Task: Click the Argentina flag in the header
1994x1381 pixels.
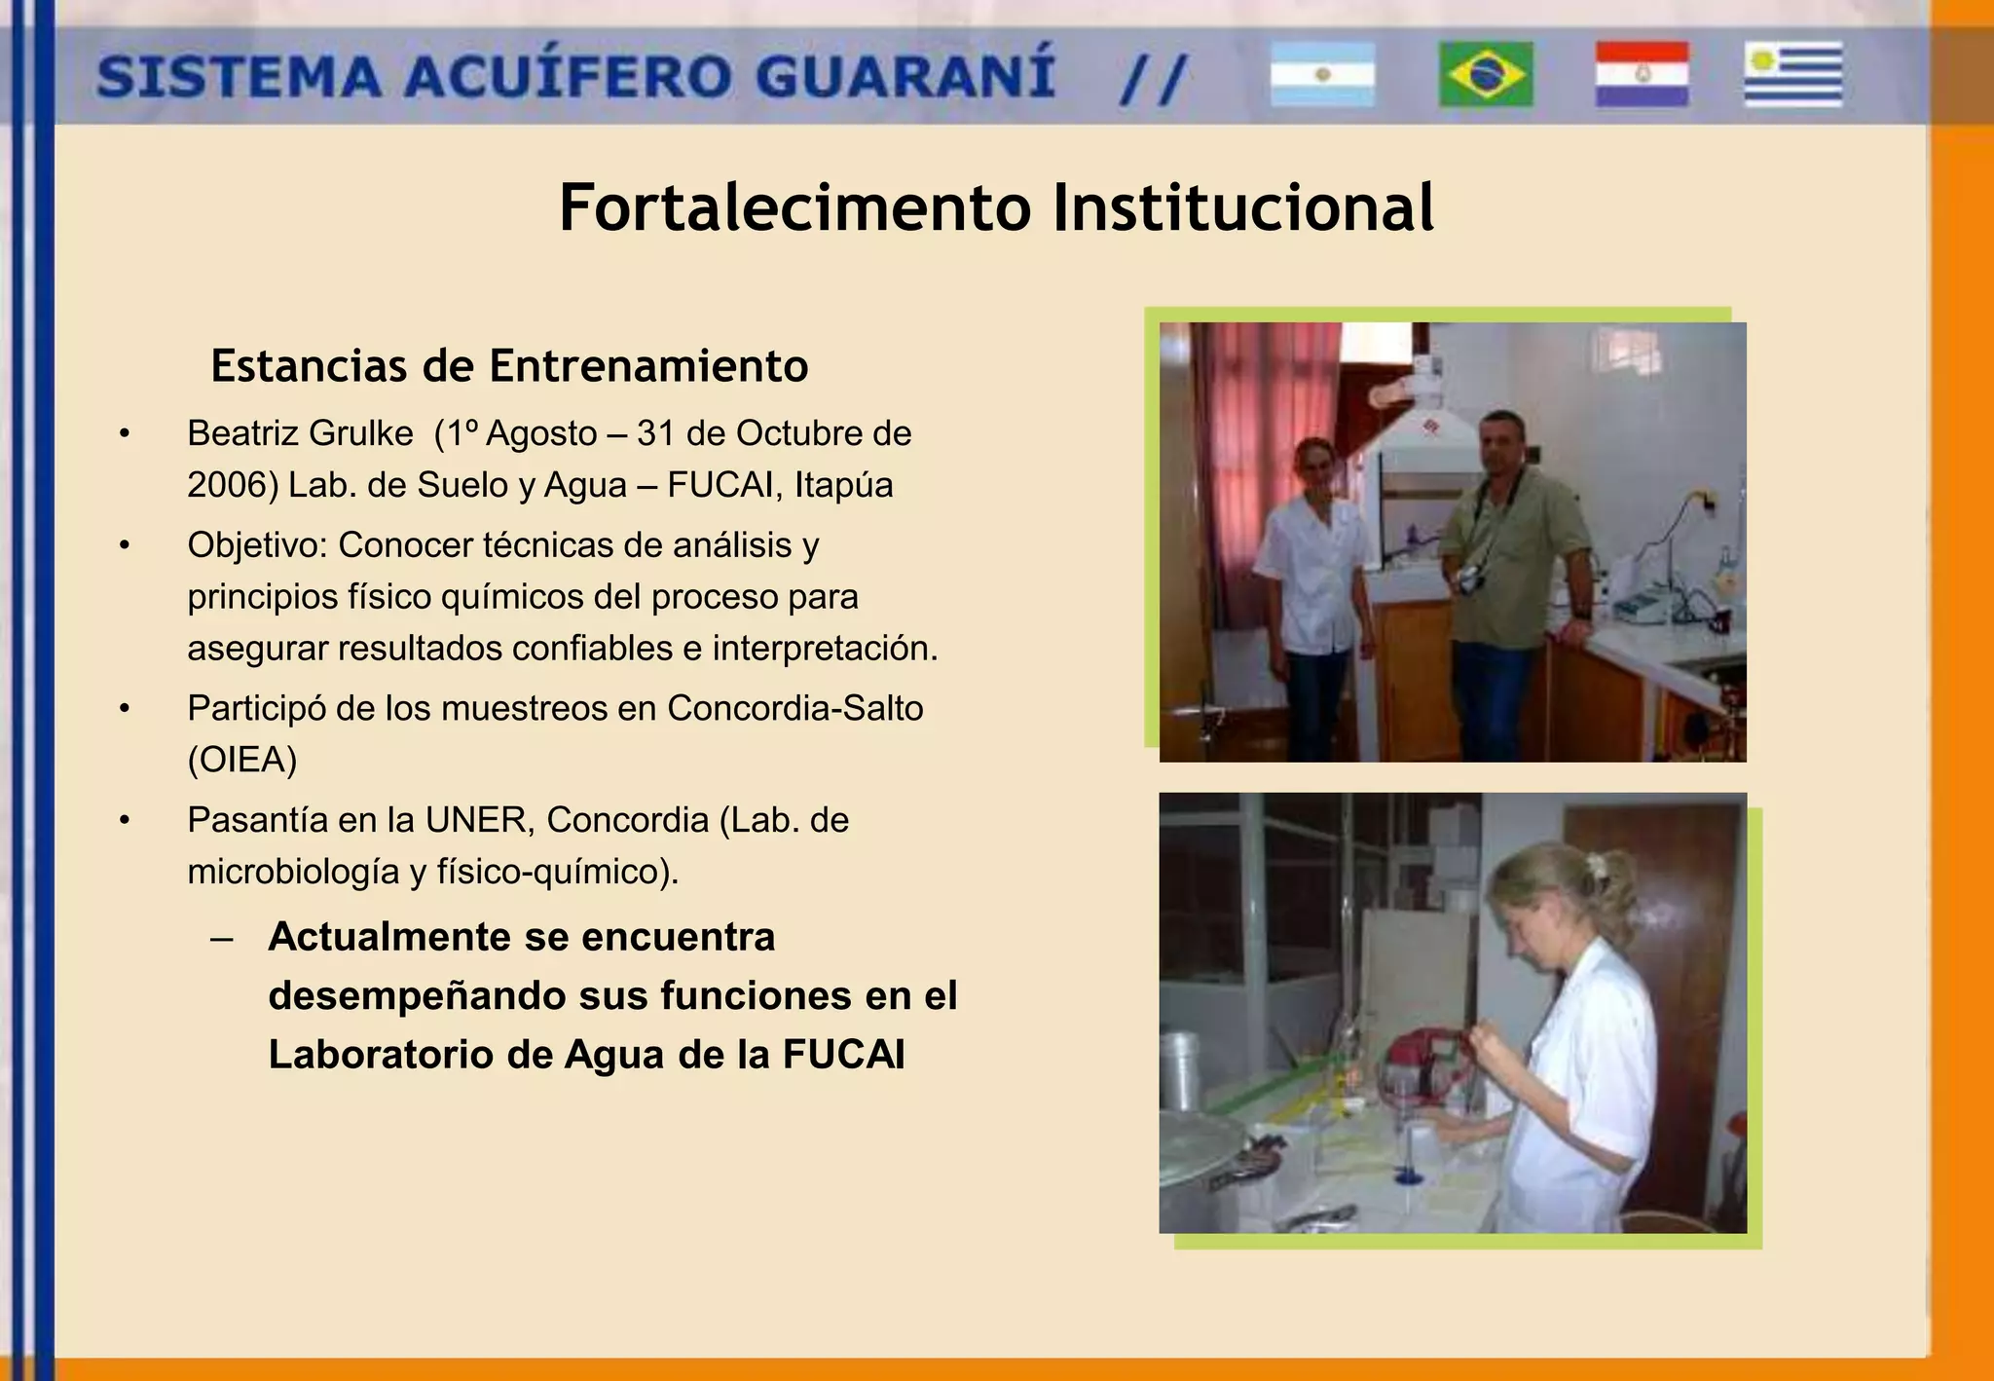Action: pyautogui.click(x=1322, y=74)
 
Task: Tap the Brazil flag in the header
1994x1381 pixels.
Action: pyautogui.click(x=1486, y=74)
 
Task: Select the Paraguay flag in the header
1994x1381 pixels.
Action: pyautogui.click(x=1642, y=74)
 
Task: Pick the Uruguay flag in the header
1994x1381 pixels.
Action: pyautogui.click(x=1792, y=74)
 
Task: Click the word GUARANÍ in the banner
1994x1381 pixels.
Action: pyautogui.click(x=905, y=76)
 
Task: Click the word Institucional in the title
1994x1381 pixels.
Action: pyautogui.click(x=1243, y=207)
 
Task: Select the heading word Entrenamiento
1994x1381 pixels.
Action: pyautogui.click(x=648, y=366)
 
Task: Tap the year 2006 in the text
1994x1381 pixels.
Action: pyautogui.click(x=225, y=485)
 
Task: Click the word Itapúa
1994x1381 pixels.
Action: pyautogui.click(x=843, y=485)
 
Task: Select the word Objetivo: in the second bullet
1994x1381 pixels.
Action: pyautogui.click(x=258, y=545)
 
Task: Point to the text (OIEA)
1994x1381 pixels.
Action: pyautogui.click(x=242, y=760)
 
